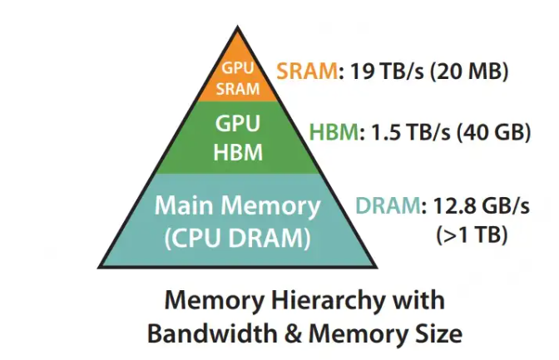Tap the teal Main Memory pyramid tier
pos(237,220)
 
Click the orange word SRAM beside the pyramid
pos(304,72)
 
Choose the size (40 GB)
pos(492,132)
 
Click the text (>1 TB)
pos(472,235)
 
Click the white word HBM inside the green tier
pos(239,152)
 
